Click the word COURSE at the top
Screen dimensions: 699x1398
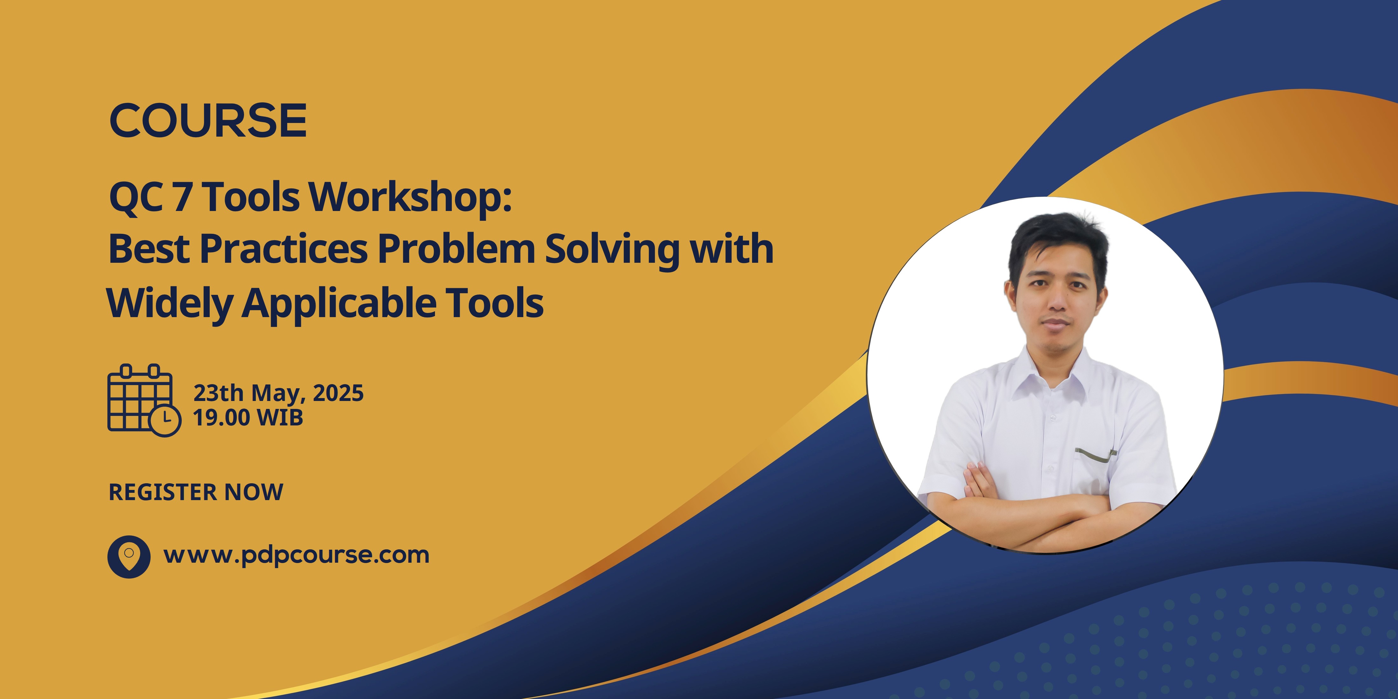tap(208, 120)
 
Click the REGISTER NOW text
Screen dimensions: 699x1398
tap(196, 492)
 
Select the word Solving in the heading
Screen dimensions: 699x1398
tap(612, 249)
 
